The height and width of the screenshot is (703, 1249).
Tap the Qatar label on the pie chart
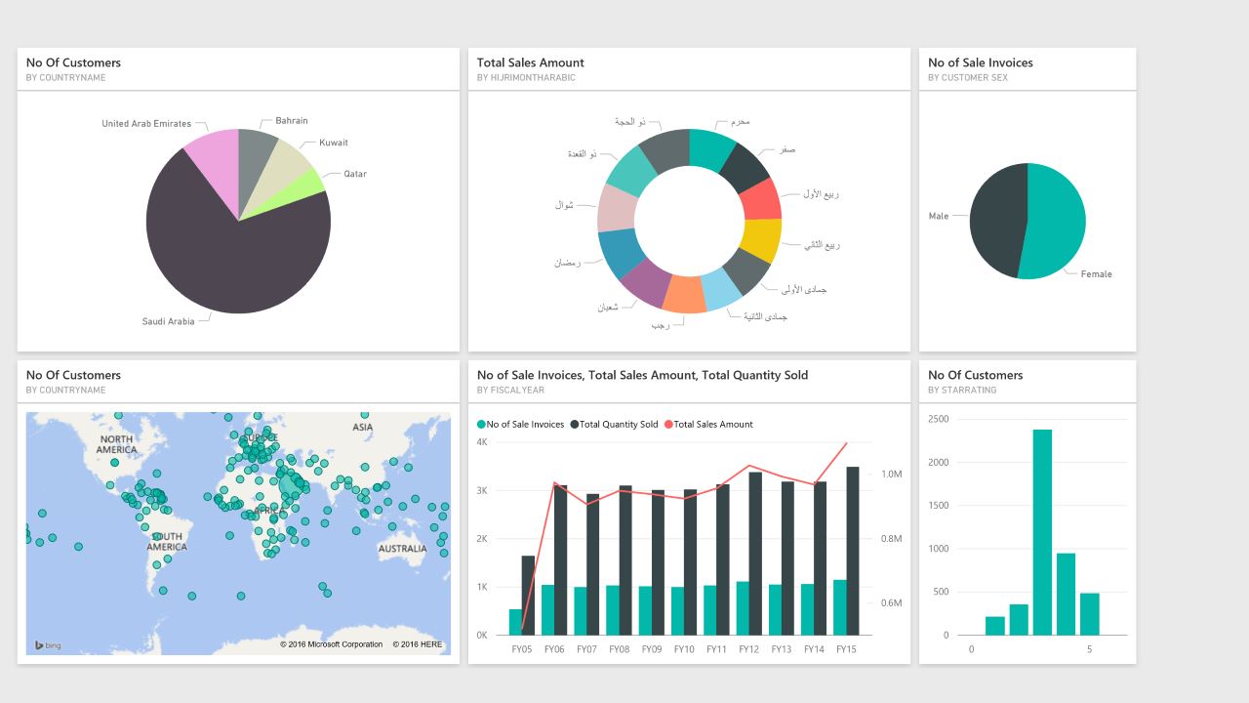[x=355, y=174]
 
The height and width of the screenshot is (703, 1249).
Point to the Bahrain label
[x=291, y=121]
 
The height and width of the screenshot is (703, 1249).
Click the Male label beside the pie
[x=938, y=217]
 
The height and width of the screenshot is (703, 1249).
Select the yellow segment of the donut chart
[x=761, y=240]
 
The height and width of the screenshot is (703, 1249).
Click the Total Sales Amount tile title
[x=531, y=62]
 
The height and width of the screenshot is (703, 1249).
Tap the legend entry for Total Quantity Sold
[x=619, y=425]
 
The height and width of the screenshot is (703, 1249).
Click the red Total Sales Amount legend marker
[x=668, y=425]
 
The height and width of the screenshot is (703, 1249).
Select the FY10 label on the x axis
[x=684, y=649]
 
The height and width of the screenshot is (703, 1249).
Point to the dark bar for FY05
[x=528, y=595]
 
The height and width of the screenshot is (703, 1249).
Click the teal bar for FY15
[x=840, y=607]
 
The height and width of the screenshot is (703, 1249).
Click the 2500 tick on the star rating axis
[x=938, y=419]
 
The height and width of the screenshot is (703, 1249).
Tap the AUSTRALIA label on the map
[x=402, y=549]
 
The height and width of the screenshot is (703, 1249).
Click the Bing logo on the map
[x=48, y=645]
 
